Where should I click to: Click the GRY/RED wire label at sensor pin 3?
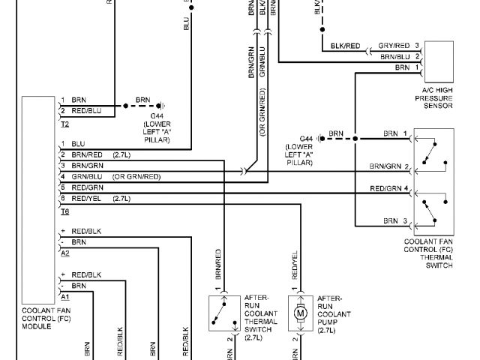point(394,46)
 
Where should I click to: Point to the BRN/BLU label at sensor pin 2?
point(394,56)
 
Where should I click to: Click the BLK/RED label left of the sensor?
point(345,46)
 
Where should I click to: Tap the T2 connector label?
point(65,122)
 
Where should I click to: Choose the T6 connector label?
point(65,212)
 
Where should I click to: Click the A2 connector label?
point(65,253)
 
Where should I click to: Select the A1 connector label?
point(65,297)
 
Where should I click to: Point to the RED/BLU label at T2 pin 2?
point(86,111)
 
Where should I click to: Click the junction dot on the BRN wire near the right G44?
point(355,138)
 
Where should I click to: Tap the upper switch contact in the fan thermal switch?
point(433,154)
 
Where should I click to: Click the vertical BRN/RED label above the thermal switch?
point(218,265)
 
